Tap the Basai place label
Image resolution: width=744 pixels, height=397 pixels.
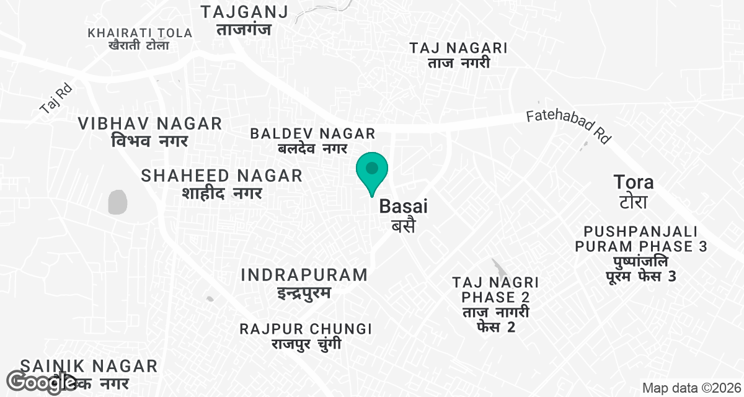(404, 206)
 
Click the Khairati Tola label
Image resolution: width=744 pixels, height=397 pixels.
(140, 38)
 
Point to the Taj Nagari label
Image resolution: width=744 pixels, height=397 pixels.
(459, 55)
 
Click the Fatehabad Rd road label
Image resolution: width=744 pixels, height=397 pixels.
(569, 127)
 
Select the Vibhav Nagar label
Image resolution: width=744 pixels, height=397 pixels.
(150, 132)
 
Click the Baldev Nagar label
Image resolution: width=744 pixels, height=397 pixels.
(312, 140)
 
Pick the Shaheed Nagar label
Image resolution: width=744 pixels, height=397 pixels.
(222, 184)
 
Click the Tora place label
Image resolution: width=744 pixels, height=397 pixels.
(633, 191)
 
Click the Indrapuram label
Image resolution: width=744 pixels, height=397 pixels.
(304, 283)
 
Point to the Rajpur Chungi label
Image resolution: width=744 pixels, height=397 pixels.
(306, 336)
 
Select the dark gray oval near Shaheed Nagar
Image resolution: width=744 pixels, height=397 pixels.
(117, 202)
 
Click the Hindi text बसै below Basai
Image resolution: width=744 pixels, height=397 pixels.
(403, 226)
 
